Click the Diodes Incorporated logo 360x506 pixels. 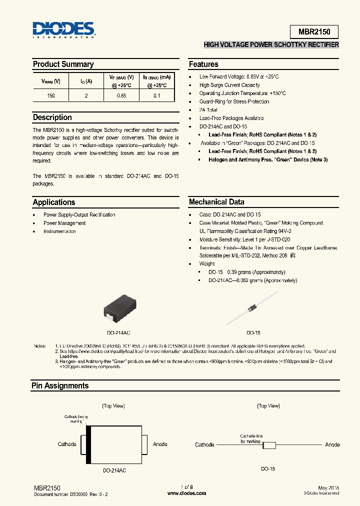click(63, 30)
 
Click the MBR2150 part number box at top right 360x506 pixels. click(314, 31)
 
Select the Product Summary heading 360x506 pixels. click(63, 64)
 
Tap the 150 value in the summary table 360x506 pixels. click(51, 95)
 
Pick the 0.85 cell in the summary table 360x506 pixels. click(121, 95)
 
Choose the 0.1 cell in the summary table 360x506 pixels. click(157, 95)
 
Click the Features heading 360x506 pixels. click(203, 64)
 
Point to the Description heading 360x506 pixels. click(52, 117)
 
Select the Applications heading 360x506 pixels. click(54, 202)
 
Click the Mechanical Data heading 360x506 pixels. click(216, 202)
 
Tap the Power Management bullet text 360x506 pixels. click(64, 223)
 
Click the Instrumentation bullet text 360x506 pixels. click(60, 231)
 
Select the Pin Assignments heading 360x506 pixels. click(60, 386)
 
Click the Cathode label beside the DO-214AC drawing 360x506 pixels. click(67, 444)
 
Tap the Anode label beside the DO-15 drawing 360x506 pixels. click(332, 444)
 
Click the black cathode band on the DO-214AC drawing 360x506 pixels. click(89, 444)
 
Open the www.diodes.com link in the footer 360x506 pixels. click(186, 493)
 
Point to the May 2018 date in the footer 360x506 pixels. click(328, 487)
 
